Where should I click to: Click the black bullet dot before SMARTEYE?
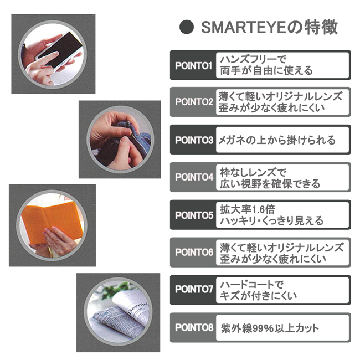coord(187,27)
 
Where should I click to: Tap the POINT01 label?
coord(193,66)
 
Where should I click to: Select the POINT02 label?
coord(194,102)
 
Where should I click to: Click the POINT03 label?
coord(194,140)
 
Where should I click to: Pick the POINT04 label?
coord(194,177)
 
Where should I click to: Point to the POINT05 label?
coord(194,215)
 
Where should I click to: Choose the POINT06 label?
coord(194,253)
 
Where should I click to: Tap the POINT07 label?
coord(194,289)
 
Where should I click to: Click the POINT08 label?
coord(194,328)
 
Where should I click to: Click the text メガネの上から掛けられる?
coord(277,140)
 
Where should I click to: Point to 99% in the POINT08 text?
coord(264,328)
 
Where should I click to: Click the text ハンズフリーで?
coord(253,59)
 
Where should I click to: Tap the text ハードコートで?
coord(251,285)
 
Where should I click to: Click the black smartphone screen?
coord(60,49)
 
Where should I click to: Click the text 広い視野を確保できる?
coord(270,184)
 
